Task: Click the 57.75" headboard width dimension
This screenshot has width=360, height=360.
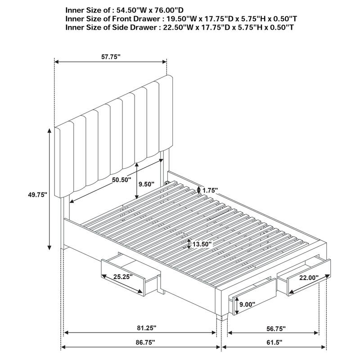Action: coord(111,57)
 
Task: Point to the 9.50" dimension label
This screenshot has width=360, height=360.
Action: coord(146,184)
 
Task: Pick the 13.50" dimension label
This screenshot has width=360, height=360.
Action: coord(202,244)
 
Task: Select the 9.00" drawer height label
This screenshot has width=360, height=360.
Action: coord(247,304)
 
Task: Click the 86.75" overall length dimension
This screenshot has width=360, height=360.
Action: coord(140,343)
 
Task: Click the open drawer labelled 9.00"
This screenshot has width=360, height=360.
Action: coord(252,297)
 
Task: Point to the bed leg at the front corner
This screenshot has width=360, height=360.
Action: coord(219,317)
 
